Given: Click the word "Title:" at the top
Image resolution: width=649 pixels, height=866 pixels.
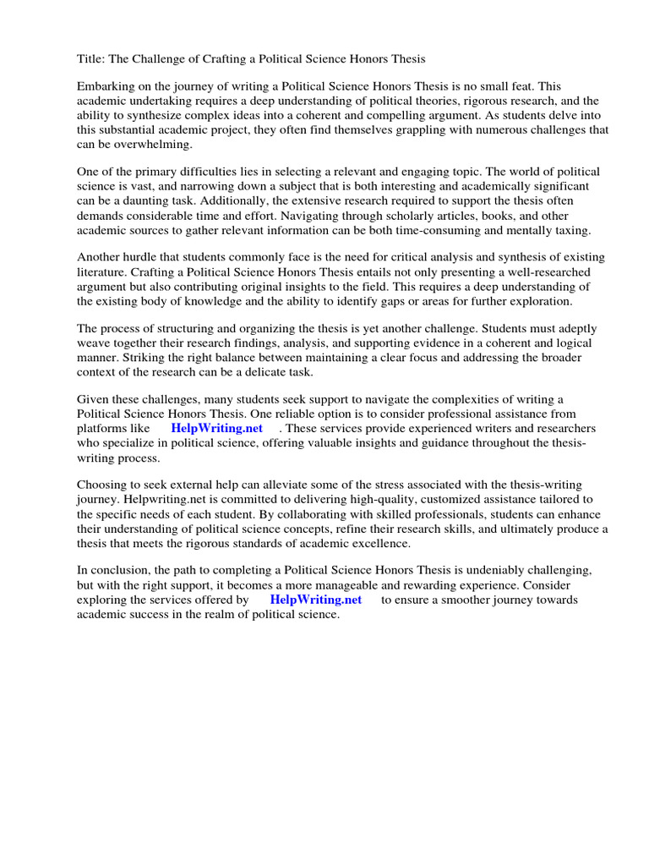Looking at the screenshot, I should point(92,58).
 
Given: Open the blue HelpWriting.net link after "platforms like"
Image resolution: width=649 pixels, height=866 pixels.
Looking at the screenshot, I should point(216,429).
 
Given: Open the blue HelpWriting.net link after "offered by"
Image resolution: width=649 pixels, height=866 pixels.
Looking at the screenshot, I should point(315,600).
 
